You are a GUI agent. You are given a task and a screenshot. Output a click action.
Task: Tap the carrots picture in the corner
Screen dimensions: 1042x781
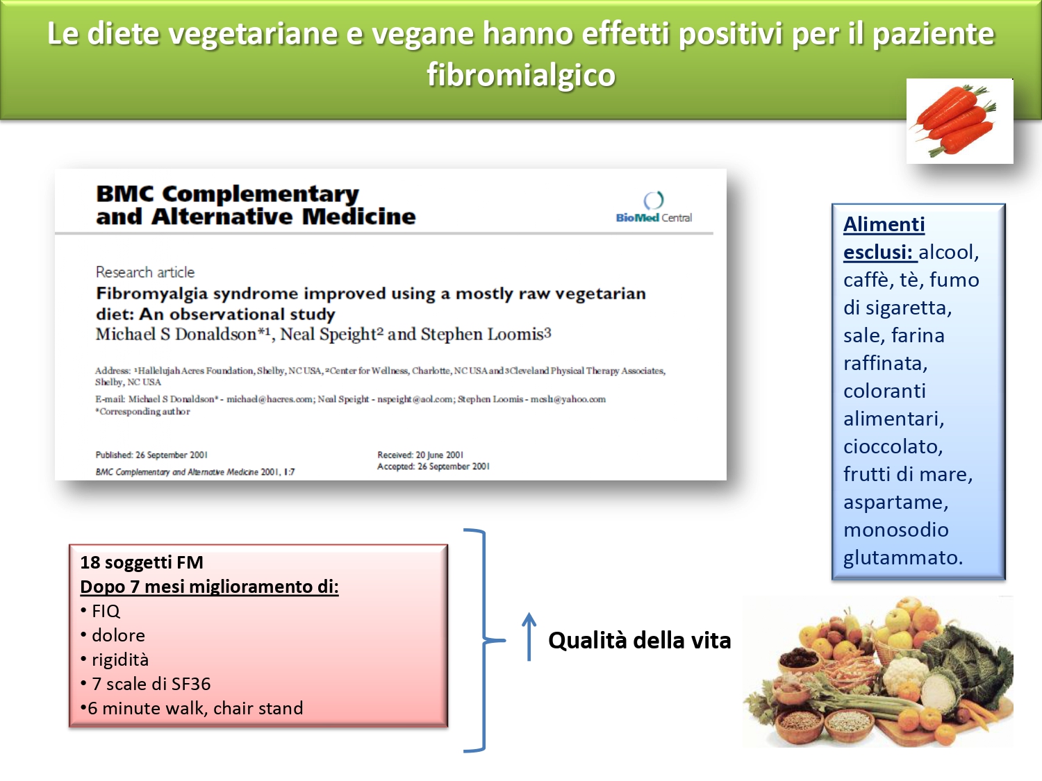pyautogui.click(x=959, y=121)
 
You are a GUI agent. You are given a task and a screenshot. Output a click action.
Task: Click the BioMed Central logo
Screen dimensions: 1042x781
pyautogui.click(x=654, y=207)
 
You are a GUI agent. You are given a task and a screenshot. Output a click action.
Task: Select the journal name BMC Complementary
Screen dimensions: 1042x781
pyautogui.click(x=227, y=194)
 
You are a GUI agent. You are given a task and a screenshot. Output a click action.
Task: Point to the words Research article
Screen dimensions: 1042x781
pyautogui.click(x=145, y=272)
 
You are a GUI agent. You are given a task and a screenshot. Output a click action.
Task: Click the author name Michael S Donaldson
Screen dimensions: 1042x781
pyautogui.click(x=176, y=335)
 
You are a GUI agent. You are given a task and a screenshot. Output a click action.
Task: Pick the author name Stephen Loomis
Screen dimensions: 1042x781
pyautogui.click(x=482, y=335)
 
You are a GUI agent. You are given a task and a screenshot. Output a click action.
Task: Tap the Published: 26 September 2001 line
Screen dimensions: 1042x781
pyautogui.click(x=151, y=455)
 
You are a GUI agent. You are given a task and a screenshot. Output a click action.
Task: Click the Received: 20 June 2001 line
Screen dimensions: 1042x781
pyautogui.click(x=420, y=455)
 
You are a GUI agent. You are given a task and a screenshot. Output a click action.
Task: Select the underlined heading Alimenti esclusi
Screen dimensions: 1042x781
pyautogui.click(x=884, y=238)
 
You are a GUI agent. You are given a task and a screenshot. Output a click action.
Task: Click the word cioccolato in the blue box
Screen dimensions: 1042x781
pyautogui.click(x=893, y=446)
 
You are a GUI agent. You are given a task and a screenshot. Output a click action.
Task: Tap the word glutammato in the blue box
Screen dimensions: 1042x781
pyautogui.click(x=903, y=558)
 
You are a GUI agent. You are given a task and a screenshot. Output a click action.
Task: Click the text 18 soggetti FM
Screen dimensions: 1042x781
pyautogui.click(x=142, y=562)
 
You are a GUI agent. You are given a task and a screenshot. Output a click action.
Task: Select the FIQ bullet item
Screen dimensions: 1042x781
pyautogui.click(x=100, y=611)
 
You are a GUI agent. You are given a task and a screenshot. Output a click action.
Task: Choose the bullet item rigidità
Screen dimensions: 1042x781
pyautogui.click(x=115, y=660)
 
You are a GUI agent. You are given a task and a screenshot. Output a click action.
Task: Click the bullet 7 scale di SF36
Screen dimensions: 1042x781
pyautogui.click(x=145, y=684)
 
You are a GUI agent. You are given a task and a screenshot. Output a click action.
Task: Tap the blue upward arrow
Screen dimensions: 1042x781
pyautogui.click(x=529, y=637)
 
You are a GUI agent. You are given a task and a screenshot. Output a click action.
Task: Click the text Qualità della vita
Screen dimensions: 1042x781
pyautogui.click(x=640, y=640)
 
